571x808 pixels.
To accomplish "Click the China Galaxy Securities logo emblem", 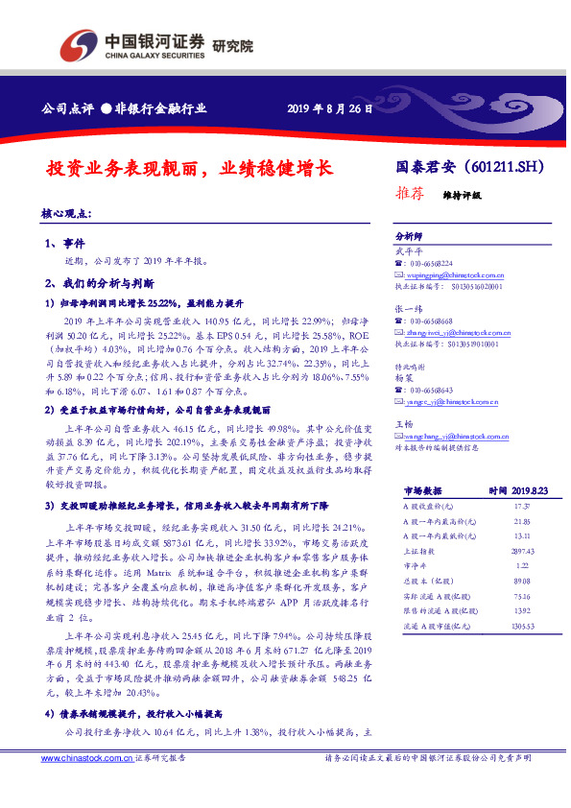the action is [x=78, y=44].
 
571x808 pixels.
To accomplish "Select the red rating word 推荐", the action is [x=410, y=192].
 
